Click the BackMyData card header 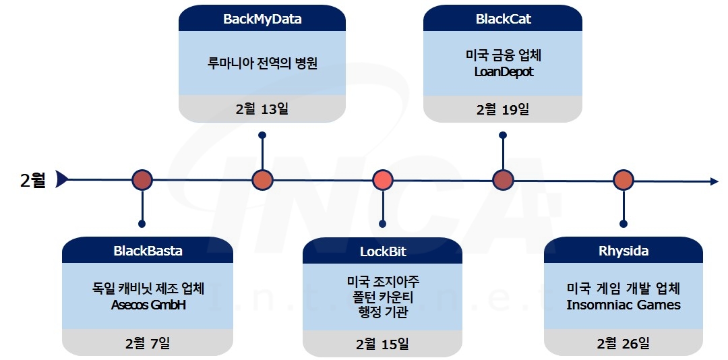pos(262,19)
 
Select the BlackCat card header pos(503,19)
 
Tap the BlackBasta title pos(148,251)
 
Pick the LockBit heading pos(383,252)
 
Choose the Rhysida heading pos(624,251)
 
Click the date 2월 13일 pos(262,109)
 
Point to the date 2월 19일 pos(503,109)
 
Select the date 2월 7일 pos(148,342)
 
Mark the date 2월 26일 pos(624,343)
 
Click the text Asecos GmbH pos(148,305)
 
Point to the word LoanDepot pos(503,71)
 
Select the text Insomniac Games pos(624,305)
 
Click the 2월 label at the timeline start pos(33,180)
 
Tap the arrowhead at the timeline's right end pos(714,181)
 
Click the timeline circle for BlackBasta pos(142,180)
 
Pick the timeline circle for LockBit pos(383,180)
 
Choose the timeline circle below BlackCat pos(503,180)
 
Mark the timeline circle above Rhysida pos(624,180)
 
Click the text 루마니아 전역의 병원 pos(262,64)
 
